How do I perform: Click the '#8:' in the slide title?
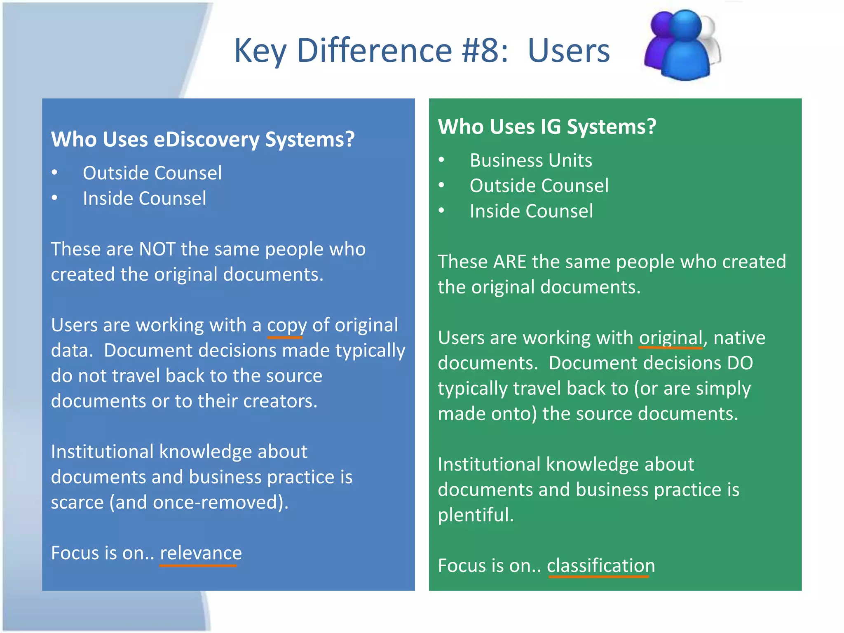click(x=485, y=50)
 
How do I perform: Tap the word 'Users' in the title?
click(x=568, y=50)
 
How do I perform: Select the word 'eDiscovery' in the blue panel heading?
click(x=206, y=139)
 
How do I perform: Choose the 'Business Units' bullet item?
click(x=530, y=160)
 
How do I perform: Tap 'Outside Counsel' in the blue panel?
click(x=152, y=173)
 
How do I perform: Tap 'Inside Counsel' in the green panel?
click(x=531, y=211)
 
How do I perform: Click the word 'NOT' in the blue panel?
click(x=157, y=249)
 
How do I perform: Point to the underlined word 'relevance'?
click(x=201, y=553)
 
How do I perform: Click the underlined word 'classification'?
click(x=600, y=565)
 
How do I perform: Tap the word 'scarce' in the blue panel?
click(x=77, y=502)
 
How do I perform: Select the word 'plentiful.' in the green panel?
click(x=476, y=515)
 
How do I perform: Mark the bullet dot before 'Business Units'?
click(x=441, y=160)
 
